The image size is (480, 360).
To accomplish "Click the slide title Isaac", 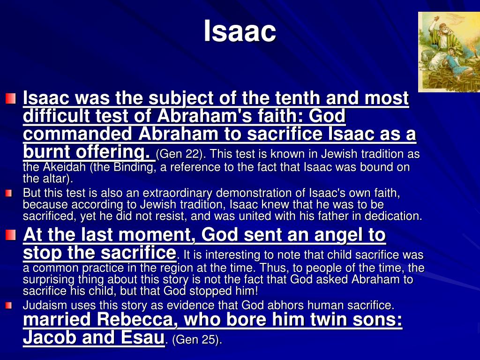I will [x=240, y=32].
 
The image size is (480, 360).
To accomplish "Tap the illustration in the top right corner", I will [x=449, y=52].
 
